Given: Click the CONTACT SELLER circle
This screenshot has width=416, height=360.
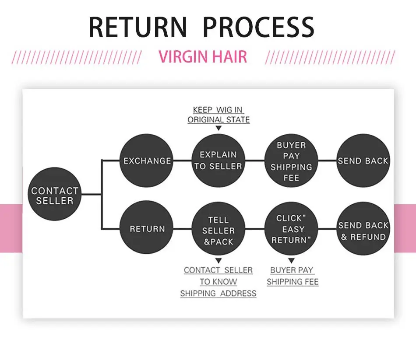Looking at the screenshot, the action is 54,194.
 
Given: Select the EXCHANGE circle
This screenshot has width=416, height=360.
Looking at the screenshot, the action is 146,161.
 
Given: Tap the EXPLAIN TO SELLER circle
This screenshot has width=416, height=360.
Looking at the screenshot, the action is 219,161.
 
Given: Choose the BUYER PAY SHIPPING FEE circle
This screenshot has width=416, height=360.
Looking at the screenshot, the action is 291,161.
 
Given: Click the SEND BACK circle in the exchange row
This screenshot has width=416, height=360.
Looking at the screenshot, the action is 363,161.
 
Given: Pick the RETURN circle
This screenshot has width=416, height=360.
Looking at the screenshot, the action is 146,228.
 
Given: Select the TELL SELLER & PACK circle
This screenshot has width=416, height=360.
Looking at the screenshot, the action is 219,228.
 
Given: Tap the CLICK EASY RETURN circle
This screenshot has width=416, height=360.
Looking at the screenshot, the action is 291,228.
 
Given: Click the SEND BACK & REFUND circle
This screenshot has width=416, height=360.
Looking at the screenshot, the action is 363,228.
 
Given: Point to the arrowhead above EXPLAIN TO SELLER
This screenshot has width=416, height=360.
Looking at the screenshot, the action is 219,128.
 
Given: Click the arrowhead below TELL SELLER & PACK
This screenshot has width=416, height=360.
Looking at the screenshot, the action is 219,261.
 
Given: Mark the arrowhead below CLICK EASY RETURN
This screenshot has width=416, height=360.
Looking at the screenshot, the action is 291,261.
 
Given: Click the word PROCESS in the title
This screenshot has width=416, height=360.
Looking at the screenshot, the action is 259,27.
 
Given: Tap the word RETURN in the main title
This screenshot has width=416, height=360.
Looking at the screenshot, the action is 138,27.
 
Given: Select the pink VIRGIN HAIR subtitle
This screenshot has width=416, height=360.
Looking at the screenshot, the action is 203,56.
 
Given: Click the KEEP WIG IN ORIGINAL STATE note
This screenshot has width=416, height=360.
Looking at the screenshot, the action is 219,115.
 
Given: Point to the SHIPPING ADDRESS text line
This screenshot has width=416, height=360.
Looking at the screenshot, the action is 219,294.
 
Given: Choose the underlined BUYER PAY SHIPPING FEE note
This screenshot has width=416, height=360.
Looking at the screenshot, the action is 293,276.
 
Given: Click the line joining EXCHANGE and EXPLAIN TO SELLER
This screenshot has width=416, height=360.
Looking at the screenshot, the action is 183,161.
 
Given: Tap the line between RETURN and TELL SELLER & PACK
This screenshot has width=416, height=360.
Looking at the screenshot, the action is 183,228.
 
